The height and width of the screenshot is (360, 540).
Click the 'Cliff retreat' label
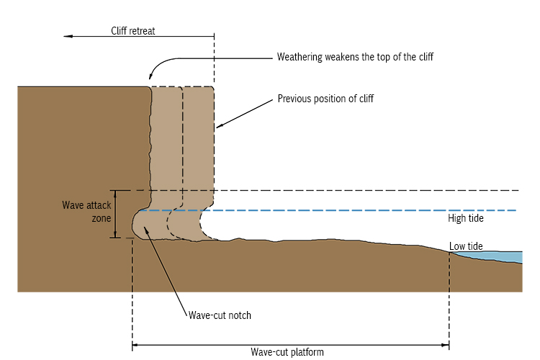[133, 31]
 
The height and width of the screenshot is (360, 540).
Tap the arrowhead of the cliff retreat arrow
[67, 35]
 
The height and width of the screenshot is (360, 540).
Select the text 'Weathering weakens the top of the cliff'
[355, 57]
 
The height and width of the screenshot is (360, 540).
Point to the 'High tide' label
[466, 218]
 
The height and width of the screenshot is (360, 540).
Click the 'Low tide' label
[466, 246]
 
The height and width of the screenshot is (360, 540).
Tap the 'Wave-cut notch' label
[219, 315]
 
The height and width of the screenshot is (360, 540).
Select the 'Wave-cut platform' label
[287, 352]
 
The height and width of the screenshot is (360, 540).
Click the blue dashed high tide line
[360, 210]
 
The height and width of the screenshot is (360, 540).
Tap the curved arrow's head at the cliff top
[151, 76]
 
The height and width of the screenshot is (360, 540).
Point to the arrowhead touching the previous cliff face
[220, 127]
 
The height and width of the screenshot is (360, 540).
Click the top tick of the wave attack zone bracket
[115, 191]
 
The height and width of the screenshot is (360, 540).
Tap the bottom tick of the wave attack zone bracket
[115, 238]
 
